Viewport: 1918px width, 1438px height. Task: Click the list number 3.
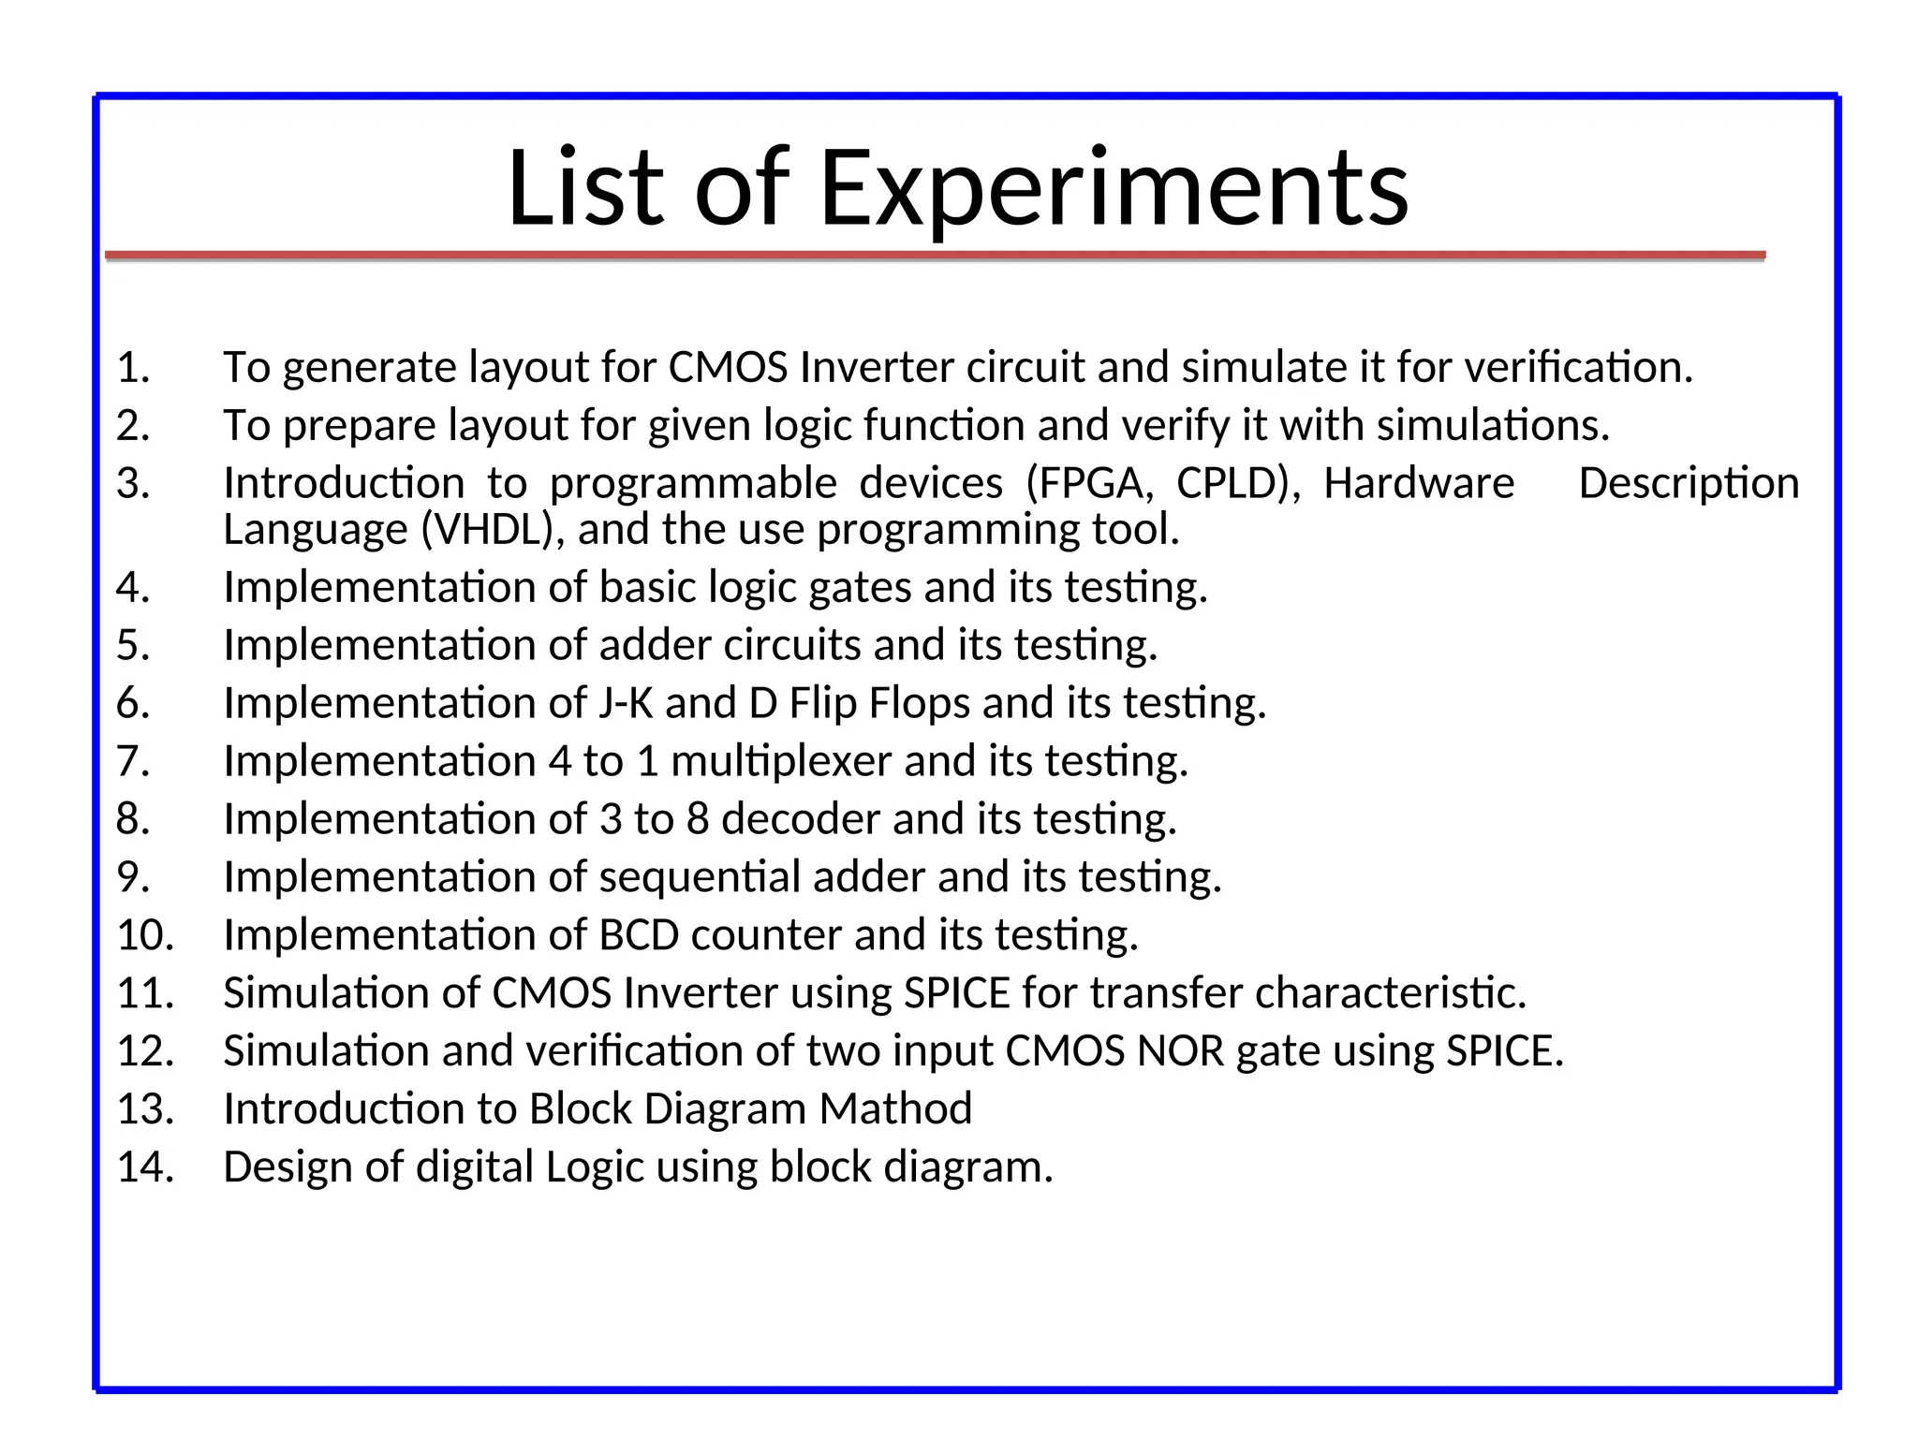(132, 484)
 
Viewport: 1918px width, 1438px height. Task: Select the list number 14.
(145, 1167)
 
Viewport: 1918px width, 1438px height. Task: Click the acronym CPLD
(1236, 484)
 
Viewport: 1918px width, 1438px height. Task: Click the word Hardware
(1418, 484)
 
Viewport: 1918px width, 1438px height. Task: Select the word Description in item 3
(1689, 484)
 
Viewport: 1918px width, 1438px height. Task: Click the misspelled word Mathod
(895, 1109)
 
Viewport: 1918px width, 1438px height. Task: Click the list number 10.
(145, 935)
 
